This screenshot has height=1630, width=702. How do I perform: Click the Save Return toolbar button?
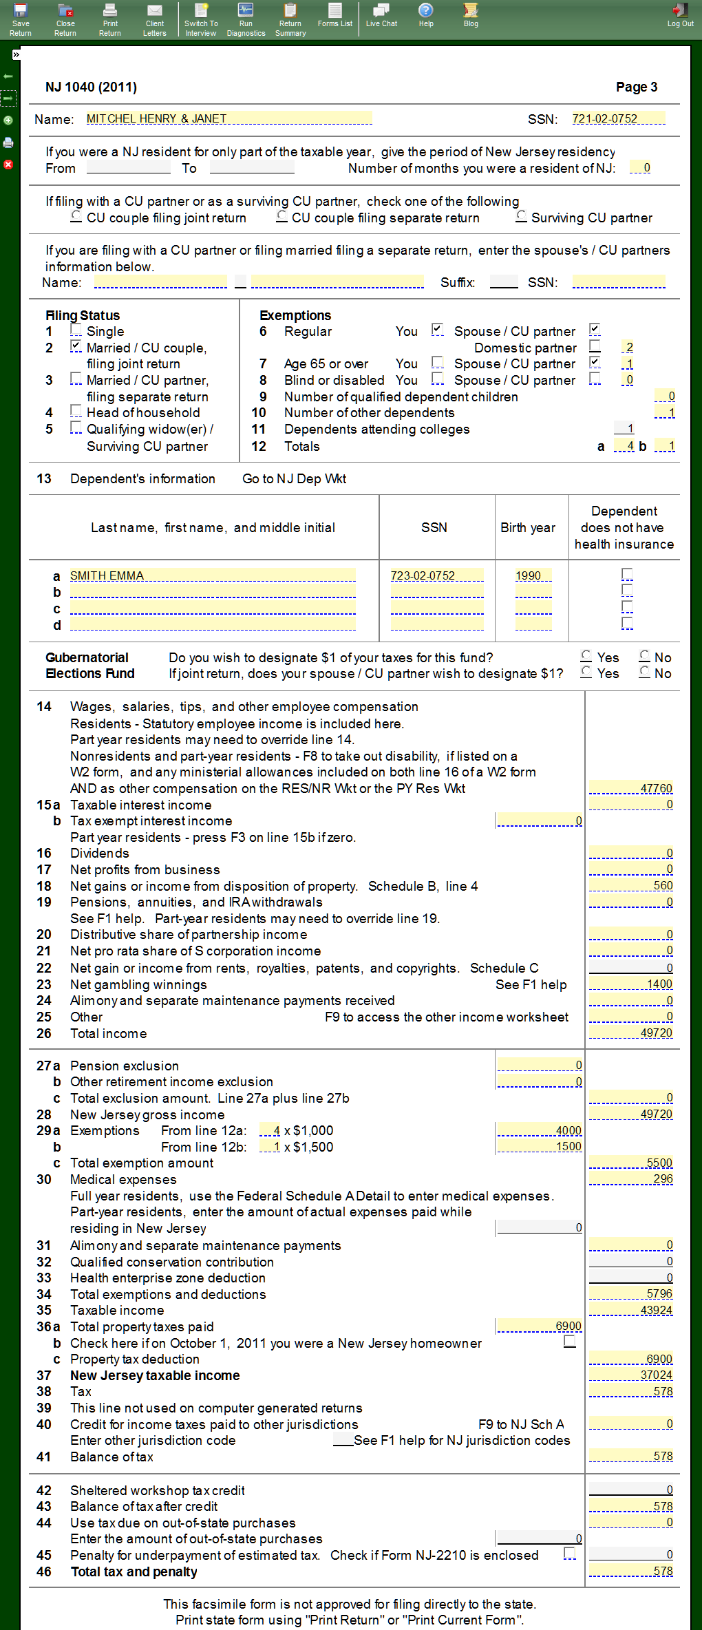(x=20, y=19)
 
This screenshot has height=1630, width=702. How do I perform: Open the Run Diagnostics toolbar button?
(x=246, y=19)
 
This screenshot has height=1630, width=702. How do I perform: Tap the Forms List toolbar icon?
(x=335, y=15)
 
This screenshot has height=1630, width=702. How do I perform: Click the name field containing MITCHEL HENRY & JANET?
(x=228, y=118)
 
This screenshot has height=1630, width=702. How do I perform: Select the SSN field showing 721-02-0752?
(x=618, y=118)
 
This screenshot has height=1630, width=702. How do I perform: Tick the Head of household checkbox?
(x=76, y=412)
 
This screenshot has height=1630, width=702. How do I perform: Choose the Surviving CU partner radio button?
(x=522, y=217)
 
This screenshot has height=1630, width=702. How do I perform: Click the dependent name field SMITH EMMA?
(x=212, y=575)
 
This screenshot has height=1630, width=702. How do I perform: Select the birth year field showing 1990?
(x=533, y=575)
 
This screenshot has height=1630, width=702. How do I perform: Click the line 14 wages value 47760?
(x=630, y=788)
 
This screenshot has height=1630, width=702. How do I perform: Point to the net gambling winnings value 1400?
(x=630, y=984)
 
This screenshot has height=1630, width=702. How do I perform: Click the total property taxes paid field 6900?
(x=540, y=1326)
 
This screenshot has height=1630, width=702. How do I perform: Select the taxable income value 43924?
(x=630, y=1309)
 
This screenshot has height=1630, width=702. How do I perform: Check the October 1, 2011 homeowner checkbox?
(x=569, y=1342)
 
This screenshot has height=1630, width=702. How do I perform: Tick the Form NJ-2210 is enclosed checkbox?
(x=569, y=1554)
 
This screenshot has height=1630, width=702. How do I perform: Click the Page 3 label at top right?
(x=636, y=87)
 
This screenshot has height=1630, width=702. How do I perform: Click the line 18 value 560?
(x=630, y=885)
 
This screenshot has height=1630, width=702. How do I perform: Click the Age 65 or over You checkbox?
(x=437, y=363)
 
